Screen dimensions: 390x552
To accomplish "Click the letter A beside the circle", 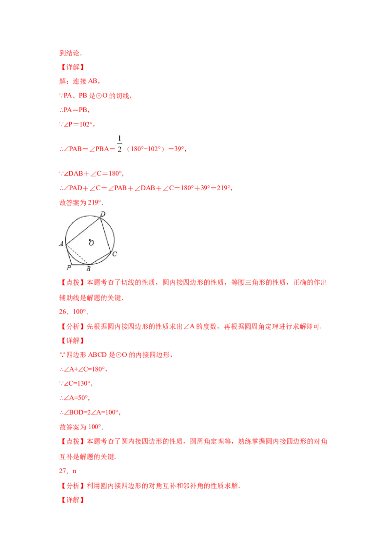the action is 61,244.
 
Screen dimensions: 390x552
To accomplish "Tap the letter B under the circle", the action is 88,268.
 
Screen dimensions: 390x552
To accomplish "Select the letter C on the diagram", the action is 115,254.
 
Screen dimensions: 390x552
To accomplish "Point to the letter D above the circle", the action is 102,214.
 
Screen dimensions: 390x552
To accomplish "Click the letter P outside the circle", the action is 69,268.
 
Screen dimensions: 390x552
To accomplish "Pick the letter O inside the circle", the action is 91,243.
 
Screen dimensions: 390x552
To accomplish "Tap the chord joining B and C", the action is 99,258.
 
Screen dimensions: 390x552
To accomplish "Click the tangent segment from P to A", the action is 68,254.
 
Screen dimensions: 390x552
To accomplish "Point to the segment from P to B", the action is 79,264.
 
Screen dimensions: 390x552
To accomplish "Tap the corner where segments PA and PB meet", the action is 71,264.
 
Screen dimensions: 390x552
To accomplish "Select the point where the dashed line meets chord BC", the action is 88,264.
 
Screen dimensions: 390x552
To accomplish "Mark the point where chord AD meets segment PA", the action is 65,243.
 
